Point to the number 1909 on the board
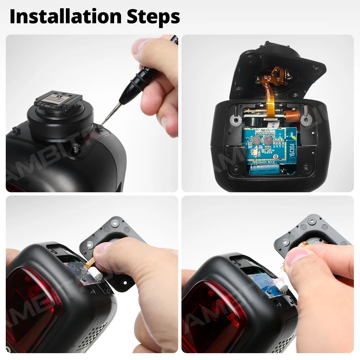pyautogui.click(x=291, y=147)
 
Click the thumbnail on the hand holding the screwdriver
pyautogui.click(x=139, y=47)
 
